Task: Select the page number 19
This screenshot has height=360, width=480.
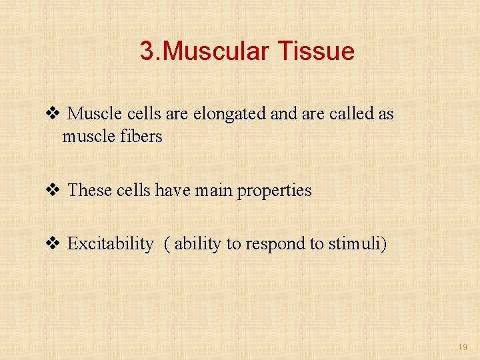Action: pyautogui.click(x=463, y=347)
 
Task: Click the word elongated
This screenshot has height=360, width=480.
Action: pyautogui.click(x=230, y=115)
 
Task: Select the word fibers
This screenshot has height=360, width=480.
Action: pyautogui.click(x=142, y=137)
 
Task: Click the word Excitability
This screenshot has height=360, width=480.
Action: pyautogui.click(x=110, y=245)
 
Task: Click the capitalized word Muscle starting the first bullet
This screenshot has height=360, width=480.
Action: pyautogui.click(x=93, y=114)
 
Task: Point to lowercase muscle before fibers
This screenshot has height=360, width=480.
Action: pyautogui.click(x=87, y=137)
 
